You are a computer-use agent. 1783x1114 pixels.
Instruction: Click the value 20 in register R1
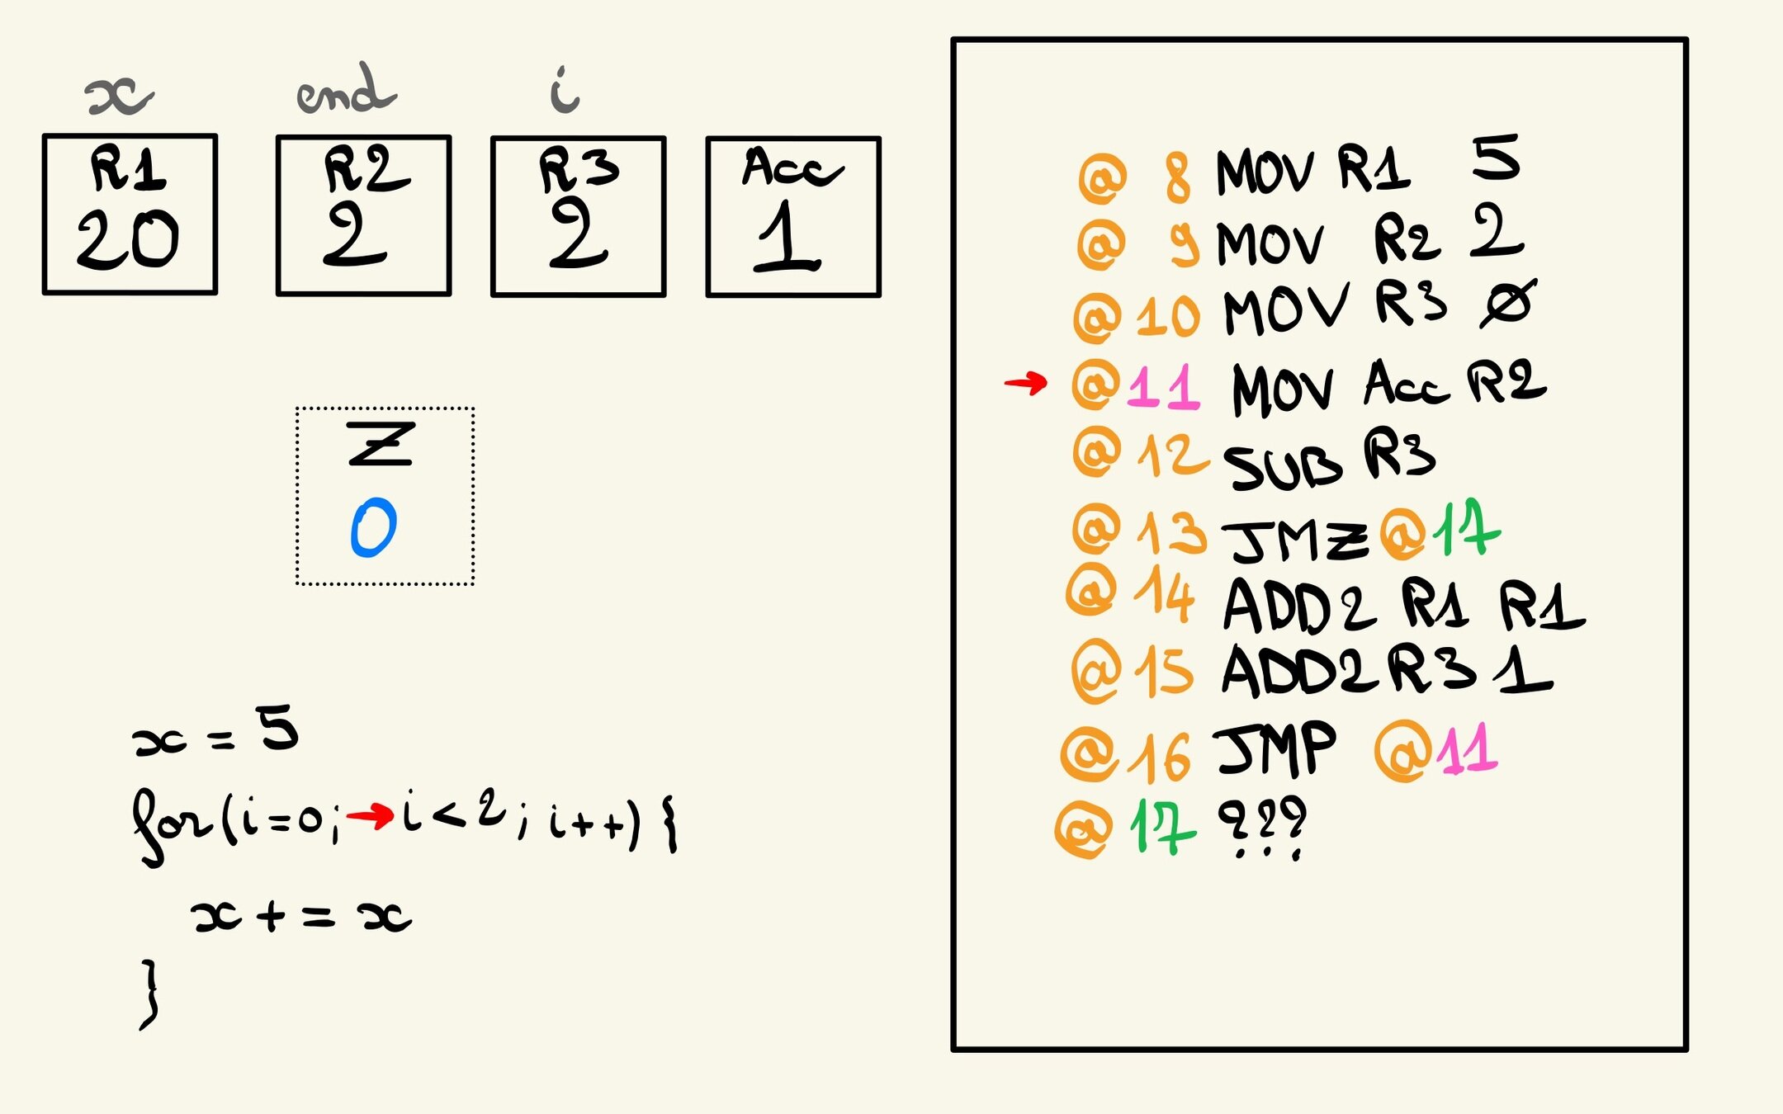coord(128,239)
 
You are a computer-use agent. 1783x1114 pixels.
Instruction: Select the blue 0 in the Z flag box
coord(374,527)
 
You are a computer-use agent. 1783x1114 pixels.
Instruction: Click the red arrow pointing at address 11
coord(1025,382)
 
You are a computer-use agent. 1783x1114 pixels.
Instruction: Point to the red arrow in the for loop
coord(370,817)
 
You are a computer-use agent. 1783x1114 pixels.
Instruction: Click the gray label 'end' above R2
coord(346,91)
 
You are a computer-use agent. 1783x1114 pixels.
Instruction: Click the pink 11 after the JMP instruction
coord(1468,750)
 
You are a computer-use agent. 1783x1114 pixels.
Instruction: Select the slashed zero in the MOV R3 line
coord(1507,304)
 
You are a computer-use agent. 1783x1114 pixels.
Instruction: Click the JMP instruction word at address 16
coord(1275,748)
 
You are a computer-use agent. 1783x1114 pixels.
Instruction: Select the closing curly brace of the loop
coord(149,994)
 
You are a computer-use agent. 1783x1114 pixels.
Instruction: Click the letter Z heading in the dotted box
coord(381,445)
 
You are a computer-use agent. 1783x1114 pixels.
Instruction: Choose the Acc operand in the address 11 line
coord(1405,384)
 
